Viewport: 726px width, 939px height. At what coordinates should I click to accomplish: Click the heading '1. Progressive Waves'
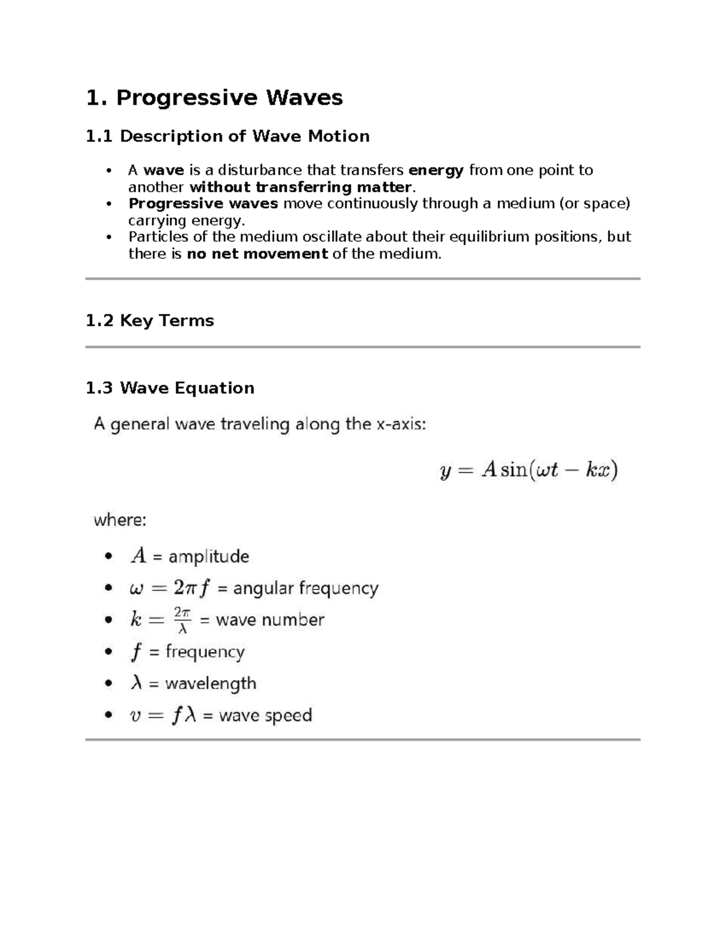tap(214, 97)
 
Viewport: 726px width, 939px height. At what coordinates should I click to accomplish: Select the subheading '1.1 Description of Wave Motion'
tap(227, 136)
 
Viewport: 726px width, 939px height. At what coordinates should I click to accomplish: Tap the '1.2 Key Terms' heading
tap(149, 320)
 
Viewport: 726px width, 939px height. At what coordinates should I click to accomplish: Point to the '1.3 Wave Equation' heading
tap(169, 388)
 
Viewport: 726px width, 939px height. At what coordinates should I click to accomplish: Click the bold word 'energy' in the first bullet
tap(436, 171)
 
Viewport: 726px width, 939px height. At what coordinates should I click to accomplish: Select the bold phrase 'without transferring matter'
tap(300, 187)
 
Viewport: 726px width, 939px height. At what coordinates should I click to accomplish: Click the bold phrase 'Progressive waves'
tap(203, 204)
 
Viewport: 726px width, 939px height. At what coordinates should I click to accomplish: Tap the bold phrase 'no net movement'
tap(257, 254)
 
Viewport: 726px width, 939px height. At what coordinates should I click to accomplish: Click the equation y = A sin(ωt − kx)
tap(528, 470)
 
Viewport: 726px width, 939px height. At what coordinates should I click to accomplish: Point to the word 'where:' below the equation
tap(120, 520)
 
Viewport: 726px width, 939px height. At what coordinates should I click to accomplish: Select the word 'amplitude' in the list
tap(209, 556)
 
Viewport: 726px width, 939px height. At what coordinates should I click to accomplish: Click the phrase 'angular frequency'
tap(306, 588)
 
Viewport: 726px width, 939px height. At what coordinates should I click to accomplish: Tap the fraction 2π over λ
tap(182, 620)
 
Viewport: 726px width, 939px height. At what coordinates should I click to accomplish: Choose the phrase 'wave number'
tap(270, 620)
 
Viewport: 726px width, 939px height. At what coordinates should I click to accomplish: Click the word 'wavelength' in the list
tap(211, 684)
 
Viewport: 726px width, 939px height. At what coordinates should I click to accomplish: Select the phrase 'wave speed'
tap(265, 716)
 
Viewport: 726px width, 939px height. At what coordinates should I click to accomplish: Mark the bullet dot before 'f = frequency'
tap(108, 652)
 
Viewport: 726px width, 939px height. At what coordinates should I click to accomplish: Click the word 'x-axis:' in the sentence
tap(401, 424)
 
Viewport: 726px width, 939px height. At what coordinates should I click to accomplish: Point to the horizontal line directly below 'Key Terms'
tap(362, 347)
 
